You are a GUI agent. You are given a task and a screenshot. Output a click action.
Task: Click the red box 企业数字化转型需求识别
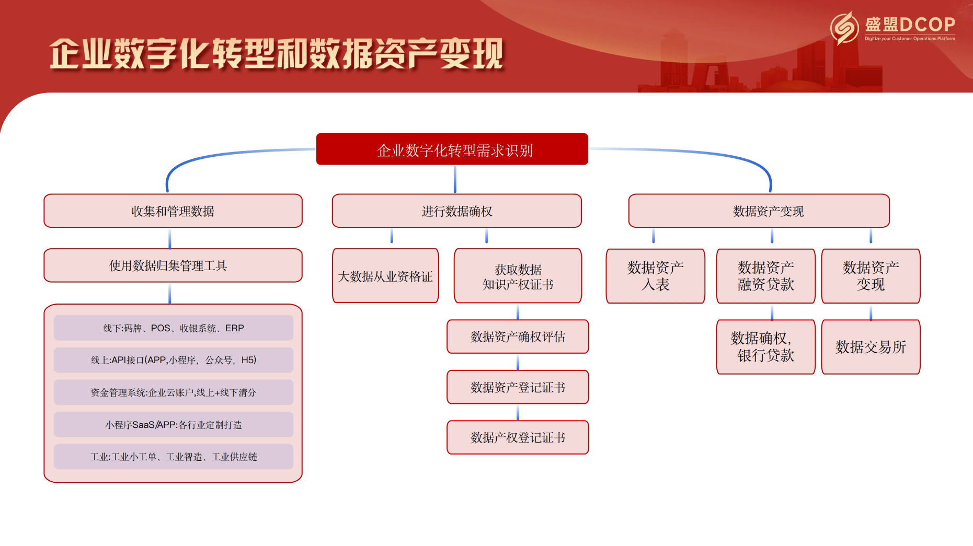[452, 149]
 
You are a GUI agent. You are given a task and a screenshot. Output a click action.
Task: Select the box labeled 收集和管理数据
[173, 211]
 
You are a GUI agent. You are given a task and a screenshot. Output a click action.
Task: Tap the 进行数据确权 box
[456, 211]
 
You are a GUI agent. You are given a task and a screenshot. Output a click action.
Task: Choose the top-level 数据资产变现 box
[759, 211]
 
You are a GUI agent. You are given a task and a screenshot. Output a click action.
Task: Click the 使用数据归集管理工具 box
[173, 265]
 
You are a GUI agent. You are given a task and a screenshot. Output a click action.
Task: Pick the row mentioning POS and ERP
[173, 328]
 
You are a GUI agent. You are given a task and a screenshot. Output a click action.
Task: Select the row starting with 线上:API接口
[173, 360]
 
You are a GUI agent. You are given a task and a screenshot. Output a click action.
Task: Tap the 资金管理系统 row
[173, 392]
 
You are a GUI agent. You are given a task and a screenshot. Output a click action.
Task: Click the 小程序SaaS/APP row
[173, 425]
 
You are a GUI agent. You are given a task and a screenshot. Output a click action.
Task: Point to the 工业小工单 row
[173, 457]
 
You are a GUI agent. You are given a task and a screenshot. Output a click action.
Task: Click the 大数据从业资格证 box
[385, 276]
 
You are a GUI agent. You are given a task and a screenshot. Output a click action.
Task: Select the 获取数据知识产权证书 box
[518, 276]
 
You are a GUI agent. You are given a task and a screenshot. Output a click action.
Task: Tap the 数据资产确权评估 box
[518, 337]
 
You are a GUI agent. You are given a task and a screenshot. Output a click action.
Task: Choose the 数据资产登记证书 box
[518, 387]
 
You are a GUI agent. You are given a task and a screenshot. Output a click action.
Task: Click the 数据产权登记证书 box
[518, 437]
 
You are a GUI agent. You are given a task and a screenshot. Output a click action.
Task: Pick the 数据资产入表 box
[655, 276]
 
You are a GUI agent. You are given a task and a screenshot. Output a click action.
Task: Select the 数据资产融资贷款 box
[765, 276]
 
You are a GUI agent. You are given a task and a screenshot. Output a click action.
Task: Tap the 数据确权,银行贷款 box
[765, 347]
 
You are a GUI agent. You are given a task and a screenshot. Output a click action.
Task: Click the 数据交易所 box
[871, 347]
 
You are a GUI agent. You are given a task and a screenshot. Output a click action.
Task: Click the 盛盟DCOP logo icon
[844, 28]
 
